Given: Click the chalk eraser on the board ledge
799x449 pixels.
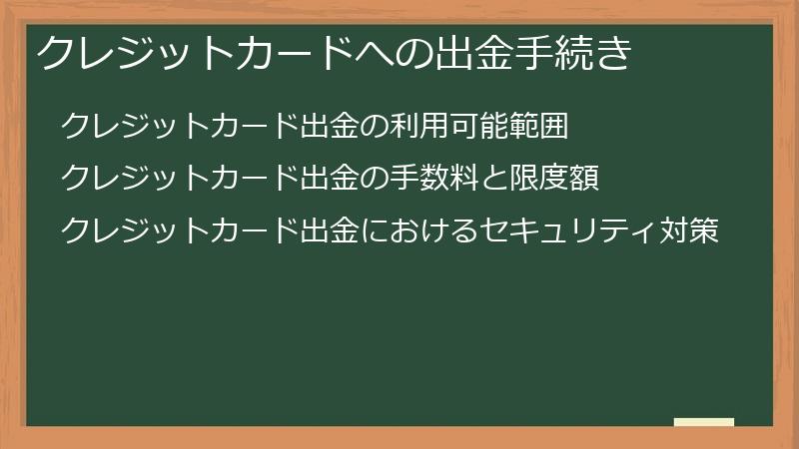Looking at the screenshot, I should click(x=704, y=422).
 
